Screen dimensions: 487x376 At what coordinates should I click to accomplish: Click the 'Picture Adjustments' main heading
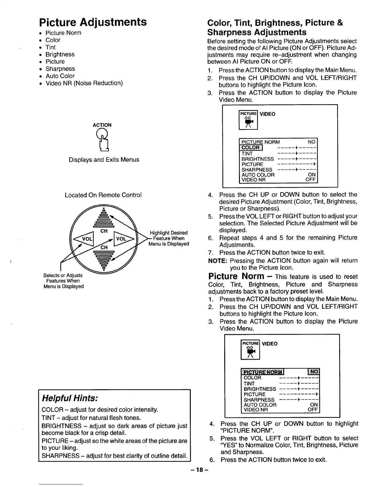coord(93,22)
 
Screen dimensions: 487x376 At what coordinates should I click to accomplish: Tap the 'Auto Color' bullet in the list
coord(60,76)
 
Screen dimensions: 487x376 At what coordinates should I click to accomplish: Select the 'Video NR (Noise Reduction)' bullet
coord(84,83)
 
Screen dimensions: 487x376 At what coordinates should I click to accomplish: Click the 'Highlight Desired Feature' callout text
coord(169,238)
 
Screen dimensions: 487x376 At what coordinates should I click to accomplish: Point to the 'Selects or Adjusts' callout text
coord(63,281)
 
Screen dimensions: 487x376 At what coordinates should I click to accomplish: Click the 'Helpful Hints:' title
coord(70,398)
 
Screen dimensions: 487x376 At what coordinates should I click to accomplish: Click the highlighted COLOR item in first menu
coord(251,147)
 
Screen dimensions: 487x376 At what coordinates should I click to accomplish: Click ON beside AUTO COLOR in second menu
coord(314,405)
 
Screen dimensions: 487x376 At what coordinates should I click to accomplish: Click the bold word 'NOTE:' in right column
coord(217,261)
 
